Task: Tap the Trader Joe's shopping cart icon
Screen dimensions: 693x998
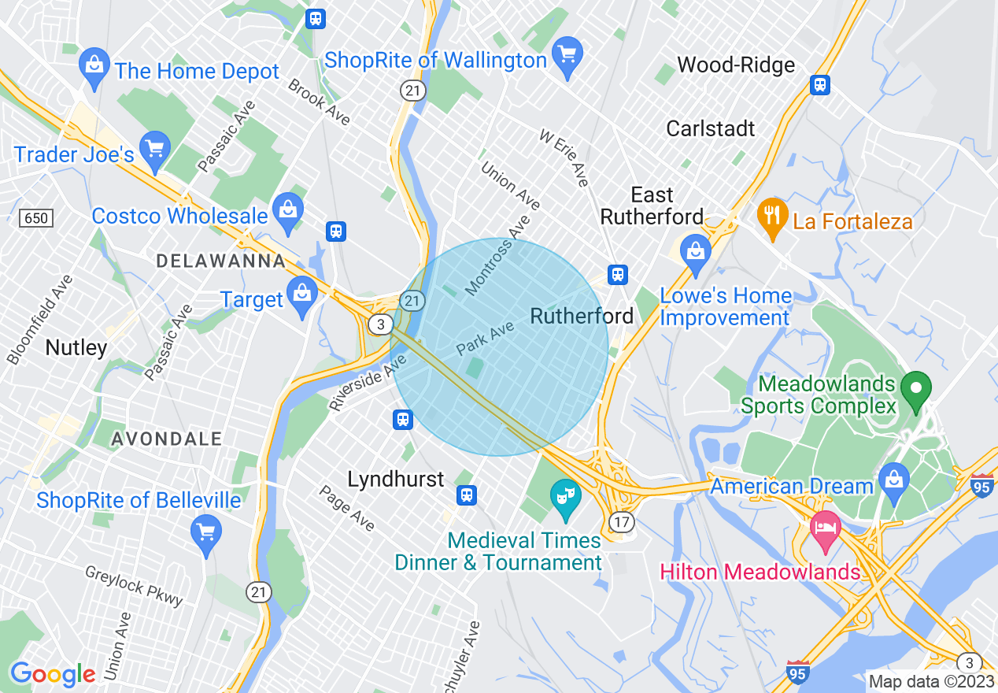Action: (x=155, y=150)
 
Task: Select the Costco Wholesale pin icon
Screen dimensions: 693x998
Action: (x=288, y=211)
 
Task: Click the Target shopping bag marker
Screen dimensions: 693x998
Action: (x=302, y=296)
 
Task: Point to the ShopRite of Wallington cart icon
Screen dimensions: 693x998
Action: (x=567, y=56)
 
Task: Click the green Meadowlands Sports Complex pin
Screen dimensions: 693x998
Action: (x=916, y=391)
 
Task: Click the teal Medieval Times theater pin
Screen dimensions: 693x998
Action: (x=565, y=498)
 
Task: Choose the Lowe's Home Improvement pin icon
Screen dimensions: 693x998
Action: (x=695, y=253)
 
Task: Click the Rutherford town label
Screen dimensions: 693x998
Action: (x=582, y=316)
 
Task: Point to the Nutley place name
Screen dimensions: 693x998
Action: (x=76, y=347)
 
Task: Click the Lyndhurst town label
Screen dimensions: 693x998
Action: (x=396, y=479)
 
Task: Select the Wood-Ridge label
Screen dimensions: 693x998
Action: (x=736, y=65)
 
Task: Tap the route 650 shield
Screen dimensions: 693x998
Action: (x=36, y=218)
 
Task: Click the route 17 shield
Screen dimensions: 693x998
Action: (x=621, y=521)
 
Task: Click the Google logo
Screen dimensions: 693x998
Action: (x=52, y=674)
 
